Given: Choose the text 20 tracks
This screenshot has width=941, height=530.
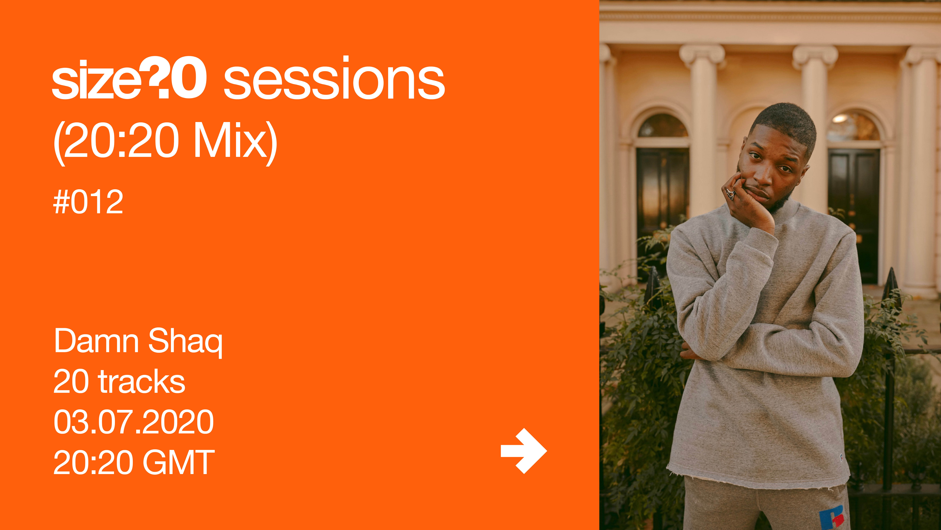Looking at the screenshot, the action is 119,381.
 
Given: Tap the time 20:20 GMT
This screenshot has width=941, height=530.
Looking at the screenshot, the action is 134,462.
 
